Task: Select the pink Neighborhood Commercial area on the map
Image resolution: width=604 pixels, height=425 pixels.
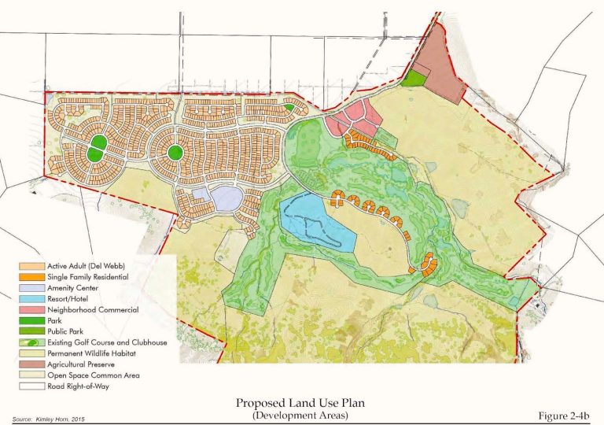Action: coord(358,118)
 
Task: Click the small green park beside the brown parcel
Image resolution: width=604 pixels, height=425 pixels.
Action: coord(413,77)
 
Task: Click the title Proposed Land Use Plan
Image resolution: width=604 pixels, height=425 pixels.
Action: coord(302,403)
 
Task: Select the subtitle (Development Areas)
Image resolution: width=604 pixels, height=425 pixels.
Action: coord(302,415)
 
